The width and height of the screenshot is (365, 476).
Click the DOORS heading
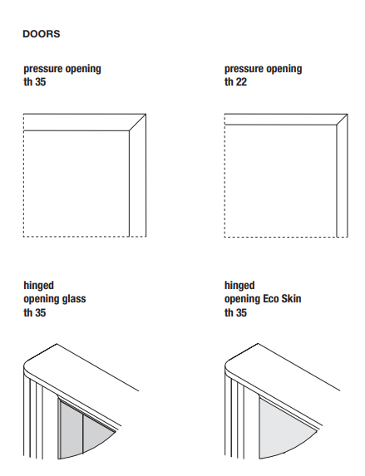[42, 34]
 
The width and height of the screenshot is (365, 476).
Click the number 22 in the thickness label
[241, 82]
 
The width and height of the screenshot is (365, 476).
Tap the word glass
[74, 299]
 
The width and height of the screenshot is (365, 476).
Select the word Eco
[271, 299]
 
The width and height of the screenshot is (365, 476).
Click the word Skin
[292, 299]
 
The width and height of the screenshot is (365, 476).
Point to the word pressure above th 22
[243, 69]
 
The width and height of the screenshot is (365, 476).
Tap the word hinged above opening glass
[38, 286]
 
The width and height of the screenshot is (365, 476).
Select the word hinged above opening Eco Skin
[239, 286]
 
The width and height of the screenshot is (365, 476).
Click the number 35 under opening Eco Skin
[241, 312]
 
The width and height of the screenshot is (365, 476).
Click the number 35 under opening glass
[40, 312]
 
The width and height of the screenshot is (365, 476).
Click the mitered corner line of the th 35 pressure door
[138, 122]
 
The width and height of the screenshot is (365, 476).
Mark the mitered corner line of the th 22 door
[343, 120]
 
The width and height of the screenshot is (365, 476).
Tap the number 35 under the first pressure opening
[40, 82]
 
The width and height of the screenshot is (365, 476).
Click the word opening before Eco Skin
[242, 299]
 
